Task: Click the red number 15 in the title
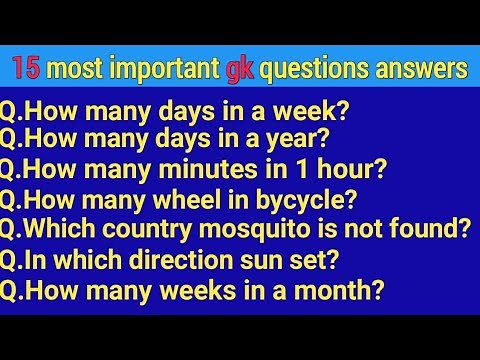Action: pos(29,70)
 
